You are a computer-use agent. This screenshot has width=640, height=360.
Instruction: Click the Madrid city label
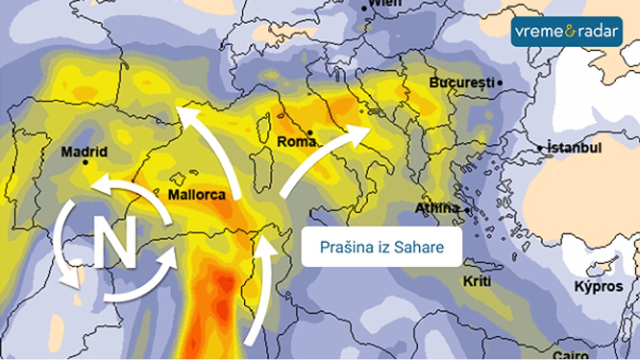(84, 152)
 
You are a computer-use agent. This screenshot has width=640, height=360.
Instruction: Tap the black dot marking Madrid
(86, 162)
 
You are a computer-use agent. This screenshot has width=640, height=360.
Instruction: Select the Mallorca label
(197, 195)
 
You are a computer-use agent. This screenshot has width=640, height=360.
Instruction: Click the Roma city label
(297, 142)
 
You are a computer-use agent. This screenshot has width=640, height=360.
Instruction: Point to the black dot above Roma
(310, 132)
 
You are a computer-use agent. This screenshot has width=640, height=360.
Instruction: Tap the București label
(462, 83)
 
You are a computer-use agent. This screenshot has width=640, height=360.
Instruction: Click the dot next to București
(500, 83)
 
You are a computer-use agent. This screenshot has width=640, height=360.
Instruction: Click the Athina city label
(437, 208)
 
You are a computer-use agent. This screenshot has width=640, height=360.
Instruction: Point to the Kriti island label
(477, 281)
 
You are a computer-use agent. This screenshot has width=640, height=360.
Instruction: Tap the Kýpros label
(598, 286)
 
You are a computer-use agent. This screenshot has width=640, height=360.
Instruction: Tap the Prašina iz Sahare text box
(381, 247)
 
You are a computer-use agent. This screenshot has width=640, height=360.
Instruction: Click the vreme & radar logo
(566, 31)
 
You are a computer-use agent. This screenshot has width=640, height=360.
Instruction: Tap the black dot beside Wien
(364, 8)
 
